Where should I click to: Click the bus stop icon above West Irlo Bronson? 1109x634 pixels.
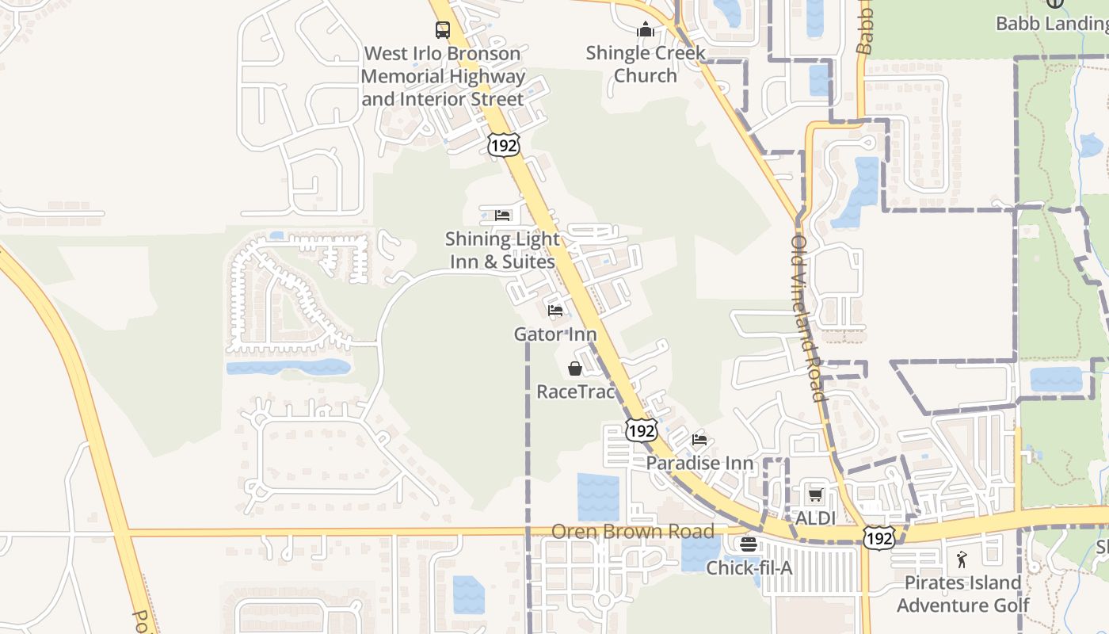coord(443,30)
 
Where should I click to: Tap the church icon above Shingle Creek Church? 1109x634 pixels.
coord(646,30)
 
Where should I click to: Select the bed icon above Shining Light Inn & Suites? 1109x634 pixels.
coord(502,215)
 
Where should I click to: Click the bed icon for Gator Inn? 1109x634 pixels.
coord(555,310)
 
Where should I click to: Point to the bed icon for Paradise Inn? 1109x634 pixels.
coord(699,439)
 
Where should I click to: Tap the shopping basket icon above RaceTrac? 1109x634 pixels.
coord(575,369)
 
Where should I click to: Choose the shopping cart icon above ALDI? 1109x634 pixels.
coord(815,495)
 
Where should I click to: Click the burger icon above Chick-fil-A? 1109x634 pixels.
coord(748,544)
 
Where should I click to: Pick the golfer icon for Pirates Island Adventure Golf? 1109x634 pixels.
coord(962,560)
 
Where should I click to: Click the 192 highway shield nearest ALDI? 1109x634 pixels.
coord(879,537)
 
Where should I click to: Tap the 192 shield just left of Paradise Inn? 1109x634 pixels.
coord(641,430)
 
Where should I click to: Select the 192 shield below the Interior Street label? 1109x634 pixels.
coord(504,144)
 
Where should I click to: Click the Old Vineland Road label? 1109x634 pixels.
coord(808,317)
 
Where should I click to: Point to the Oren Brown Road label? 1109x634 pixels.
coord(633,531)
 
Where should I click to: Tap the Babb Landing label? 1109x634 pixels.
coord(1052,24)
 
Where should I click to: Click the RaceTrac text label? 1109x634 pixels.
coord(575,391)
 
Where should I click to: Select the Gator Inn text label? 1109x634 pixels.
coord(555,334)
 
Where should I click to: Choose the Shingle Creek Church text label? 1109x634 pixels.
coord(646,64)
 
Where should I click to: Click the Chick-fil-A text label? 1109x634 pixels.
coord(749,568)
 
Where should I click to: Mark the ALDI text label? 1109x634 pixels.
coord(816,518)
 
